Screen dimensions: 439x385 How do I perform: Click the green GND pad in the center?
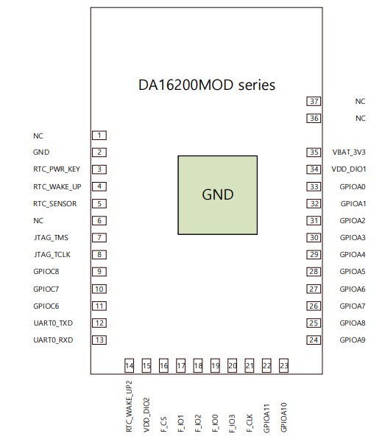coord(217,195)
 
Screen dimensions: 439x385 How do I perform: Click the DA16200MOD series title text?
coord(207,85)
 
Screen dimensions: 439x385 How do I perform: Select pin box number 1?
coord(99,136)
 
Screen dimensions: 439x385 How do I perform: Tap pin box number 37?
coord(314,102)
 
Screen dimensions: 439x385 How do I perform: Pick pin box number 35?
coord(314,152)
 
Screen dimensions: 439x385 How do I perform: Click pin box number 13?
coord(99,340)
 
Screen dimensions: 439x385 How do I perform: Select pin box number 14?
coord(130,365)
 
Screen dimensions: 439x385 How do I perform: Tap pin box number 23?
coord(284,365)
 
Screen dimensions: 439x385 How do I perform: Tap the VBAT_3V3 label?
coord(349,152)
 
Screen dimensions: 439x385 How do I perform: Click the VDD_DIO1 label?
coord(349,169)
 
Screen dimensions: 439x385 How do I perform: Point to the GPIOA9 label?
coord(352,340)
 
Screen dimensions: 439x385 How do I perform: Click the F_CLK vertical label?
coord(250,422)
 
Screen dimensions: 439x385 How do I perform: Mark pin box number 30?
coord(314,237)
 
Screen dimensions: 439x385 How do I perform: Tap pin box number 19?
coord(215,365)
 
